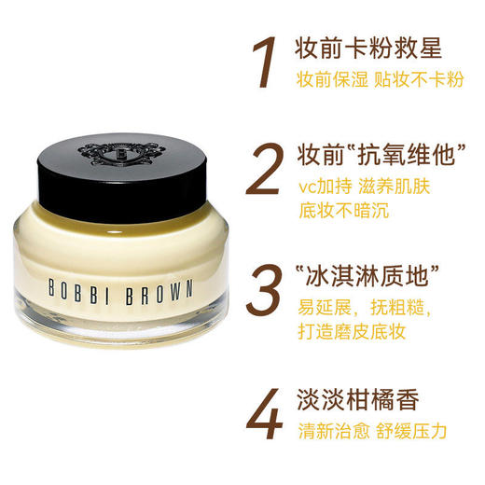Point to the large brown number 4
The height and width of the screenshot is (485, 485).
(x=269, y=416)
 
